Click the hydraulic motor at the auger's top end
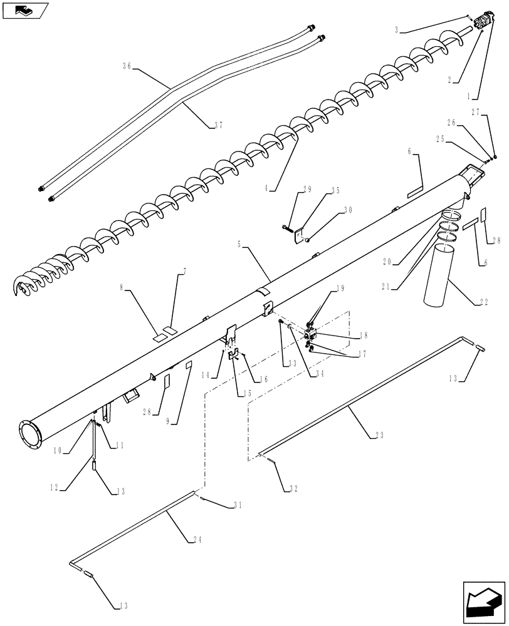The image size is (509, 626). pos(484,24)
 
